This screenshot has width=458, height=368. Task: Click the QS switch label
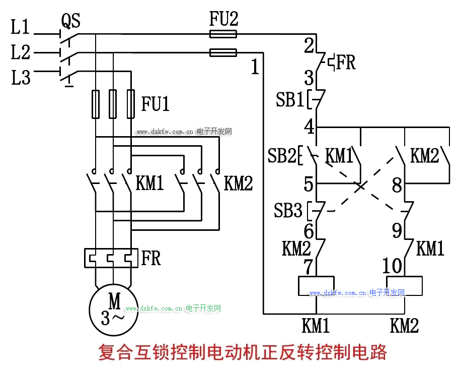pos(70,21)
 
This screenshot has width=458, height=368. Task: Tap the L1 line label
pos(20,27)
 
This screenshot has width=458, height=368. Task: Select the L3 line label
pos(21,78)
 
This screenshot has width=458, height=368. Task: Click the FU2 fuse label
pos(223,20)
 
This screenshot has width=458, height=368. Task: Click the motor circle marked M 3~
pos(114,310)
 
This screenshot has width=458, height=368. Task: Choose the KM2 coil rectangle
pos(404,286)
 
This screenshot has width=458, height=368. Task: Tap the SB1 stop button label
pos(289,100)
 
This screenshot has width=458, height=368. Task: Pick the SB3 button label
pos(288,210)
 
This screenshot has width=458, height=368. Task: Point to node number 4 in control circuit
pos(309,127)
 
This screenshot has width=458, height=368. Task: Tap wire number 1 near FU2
pos(255,67)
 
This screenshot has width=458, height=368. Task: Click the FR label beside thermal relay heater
pos(151,258)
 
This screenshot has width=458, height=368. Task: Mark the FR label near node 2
pos(346,63)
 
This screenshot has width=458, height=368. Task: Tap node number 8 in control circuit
pos(397,185)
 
